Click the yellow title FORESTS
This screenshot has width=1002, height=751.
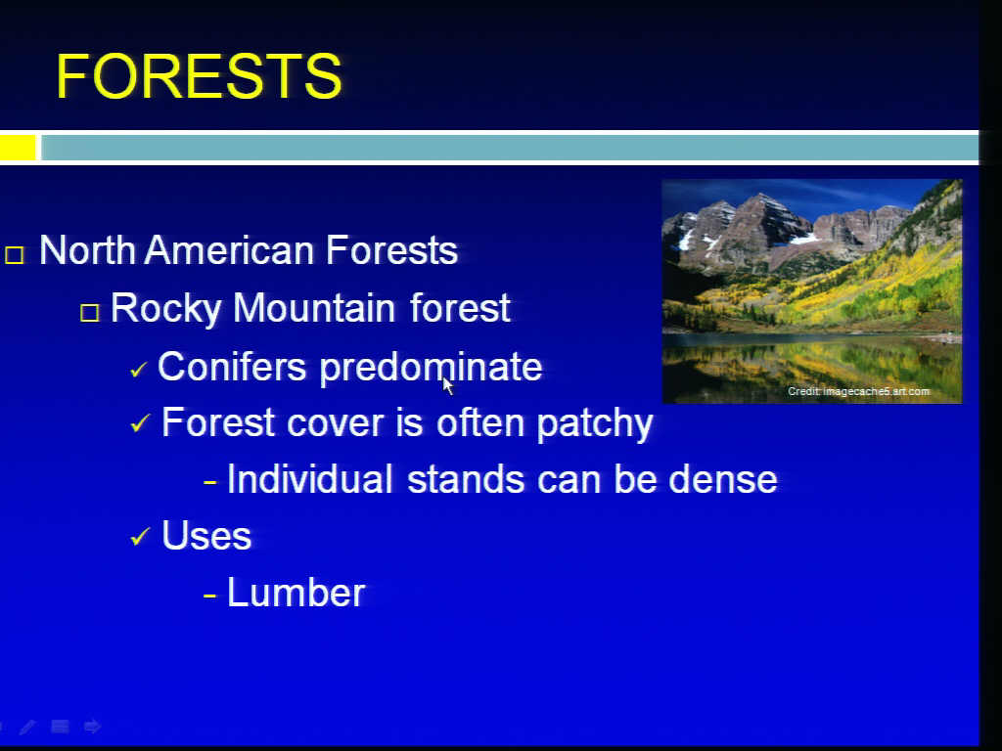[200, 76]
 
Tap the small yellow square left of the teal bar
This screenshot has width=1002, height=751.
[18, 148]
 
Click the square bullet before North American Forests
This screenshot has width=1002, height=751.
[15, 255]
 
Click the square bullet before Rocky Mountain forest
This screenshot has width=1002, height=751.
[90, 312]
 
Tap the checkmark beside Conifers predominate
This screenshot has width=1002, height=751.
[138, 369]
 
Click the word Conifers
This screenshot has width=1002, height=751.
[232, 368]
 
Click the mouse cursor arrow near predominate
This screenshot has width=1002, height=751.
[448, 385]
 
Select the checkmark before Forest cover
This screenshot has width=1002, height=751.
[140, 423]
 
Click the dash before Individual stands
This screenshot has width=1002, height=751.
[210, 482]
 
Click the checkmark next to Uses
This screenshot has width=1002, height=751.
[140, 537]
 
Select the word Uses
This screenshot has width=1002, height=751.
[206, 536]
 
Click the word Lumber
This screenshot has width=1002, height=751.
[296, 594]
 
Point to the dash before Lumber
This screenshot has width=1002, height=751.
[210, 596]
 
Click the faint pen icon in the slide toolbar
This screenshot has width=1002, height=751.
[28, 727]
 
